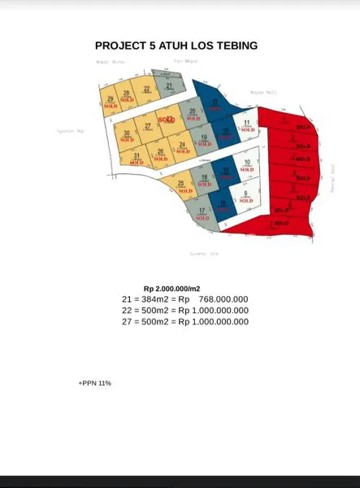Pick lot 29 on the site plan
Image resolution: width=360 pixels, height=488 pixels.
[110, 101]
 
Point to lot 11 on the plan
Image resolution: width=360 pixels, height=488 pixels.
[246, 124]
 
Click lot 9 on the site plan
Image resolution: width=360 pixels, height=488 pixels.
[245, 194]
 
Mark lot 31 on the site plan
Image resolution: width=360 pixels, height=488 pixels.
[137, 158]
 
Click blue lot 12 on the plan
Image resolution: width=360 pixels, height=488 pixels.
[215, 103]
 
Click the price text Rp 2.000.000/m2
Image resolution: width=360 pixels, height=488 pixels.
[171, 289]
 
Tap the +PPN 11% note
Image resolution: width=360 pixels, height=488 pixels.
[94, 382]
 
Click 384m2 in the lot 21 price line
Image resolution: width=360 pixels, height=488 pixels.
[154, 299]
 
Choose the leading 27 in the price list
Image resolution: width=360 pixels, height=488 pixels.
[126, 321]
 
